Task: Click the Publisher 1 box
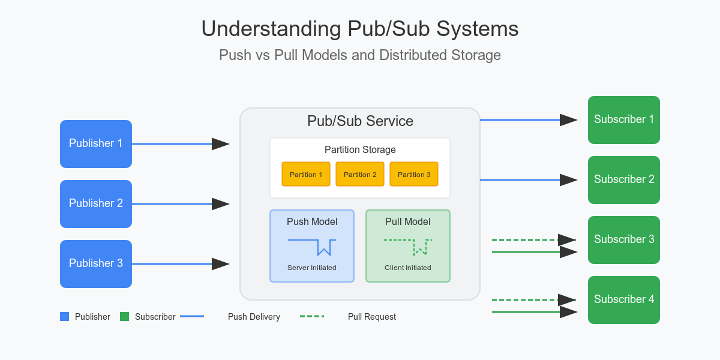coord(96,144)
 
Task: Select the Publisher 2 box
coord(96,204)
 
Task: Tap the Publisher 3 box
coord(96,264)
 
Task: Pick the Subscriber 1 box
coord(624,120)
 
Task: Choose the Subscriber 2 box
coord(624,180)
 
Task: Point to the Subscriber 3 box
coord(624,240)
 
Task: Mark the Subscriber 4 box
coord(624,300)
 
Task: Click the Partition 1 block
coord(306,174)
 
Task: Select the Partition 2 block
coord(360,174)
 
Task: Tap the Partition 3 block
coord(414,174)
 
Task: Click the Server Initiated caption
coord(312,268)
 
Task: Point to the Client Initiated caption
coord(408,268)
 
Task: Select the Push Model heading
coord(312,222)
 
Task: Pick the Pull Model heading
coord(408,222)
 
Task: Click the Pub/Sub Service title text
coord(360,121)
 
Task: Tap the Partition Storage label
coord(360,150)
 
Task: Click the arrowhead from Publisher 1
coord(221,144)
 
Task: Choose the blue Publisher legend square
coord(65,317)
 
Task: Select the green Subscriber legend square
coord(125,317)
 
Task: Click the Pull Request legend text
coord(372,317)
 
